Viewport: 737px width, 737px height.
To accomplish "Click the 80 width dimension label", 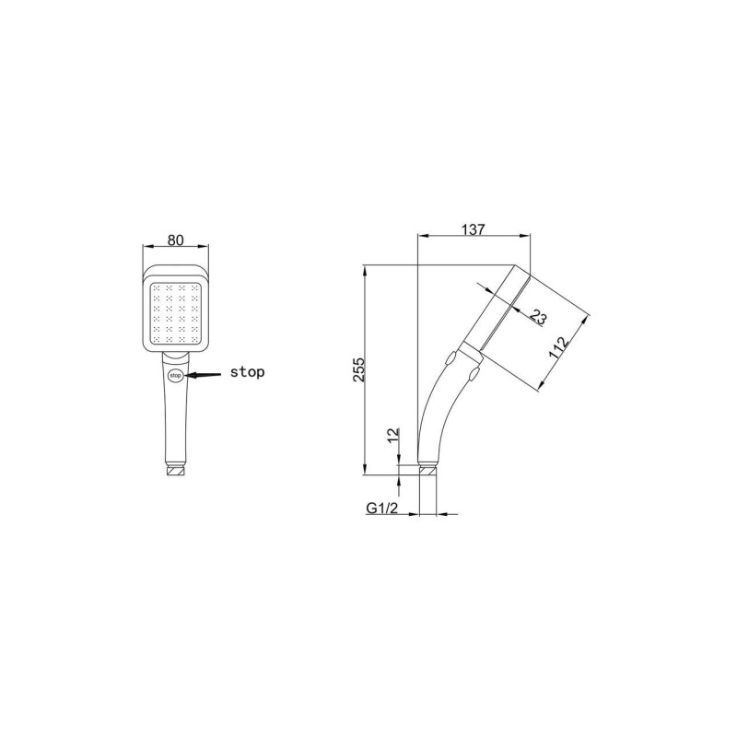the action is pos(175,240).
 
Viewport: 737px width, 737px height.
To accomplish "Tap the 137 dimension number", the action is pos(474,229).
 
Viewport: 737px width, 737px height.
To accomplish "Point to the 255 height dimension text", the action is pos(358,370).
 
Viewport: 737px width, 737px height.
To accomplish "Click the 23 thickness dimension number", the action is pos(538,317).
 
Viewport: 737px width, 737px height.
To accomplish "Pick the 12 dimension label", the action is pos(393,434).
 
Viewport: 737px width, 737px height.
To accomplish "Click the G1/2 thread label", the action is pos(381,509).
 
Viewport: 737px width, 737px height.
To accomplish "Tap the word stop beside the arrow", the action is pos(247,372).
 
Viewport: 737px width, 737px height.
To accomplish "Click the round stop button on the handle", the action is pos(175,376).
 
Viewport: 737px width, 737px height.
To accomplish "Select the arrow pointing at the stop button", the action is pos(203,375).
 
